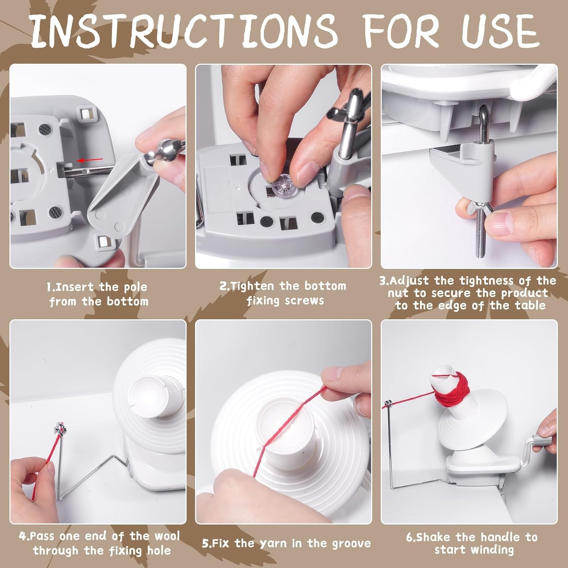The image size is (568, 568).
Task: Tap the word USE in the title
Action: point(500,30)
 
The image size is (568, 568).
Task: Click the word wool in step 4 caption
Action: point(167,536)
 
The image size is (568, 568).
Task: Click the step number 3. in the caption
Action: point(384,281)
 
